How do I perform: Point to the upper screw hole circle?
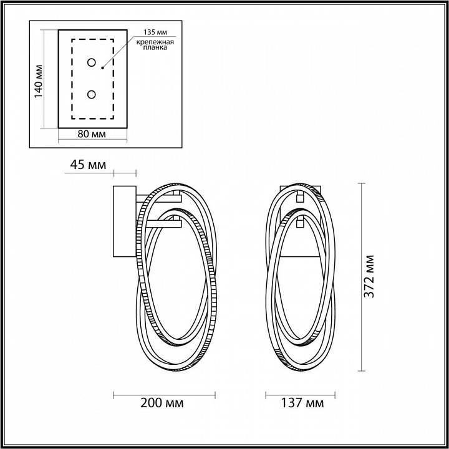pos(92,62)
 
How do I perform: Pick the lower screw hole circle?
pos(92,94)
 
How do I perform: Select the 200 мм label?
pos(163,403)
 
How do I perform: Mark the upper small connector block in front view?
pos(300,198)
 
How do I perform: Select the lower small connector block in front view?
pos(300,221)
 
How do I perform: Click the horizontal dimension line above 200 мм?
pos(163,393)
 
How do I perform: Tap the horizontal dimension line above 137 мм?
pos(301,393)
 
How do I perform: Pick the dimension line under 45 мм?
pos(124,171)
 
